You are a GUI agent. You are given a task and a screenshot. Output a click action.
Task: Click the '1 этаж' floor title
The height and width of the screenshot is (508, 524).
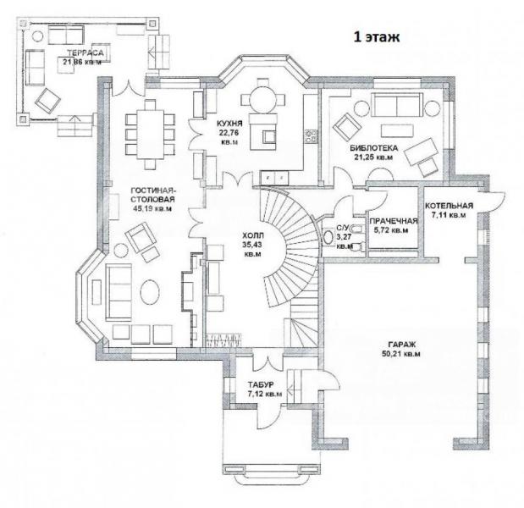[x=377, y=36]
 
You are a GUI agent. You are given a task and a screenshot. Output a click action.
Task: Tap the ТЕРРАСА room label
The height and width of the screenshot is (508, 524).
[x=85, y=52]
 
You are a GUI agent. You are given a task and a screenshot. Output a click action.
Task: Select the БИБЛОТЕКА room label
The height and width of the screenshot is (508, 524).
[x=373, y=148]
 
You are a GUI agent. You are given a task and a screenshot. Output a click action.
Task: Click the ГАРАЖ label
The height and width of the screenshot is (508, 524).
[x=401, y=345]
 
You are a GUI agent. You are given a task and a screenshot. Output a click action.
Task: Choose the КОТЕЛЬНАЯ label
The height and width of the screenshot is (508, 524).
[x=449, y=206]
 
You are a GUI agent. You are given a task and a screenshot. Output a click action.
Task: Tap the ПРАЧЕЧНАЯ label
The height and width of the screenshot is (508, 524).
[x=394, y=221]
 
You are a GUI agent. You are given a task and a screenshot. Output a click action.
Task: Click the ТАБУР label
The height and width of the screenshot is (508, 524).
[x=261, y=384]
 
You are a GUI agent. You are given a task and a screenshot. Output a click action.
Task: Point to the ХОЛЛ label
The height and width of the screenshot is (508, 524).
[x=253, y=235]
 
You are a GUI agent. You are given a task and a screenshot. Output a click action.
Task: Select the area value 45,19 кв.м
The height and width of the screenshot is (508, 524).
[x=152, y=209]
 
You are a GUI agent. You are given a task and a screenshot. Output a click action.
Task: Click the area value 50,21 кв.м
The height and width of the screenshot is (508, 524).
[x=401, y=354]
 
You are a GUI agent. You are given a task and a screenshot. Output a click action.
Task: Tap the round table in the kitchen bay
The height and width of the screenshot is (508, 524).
[x=263, y=98]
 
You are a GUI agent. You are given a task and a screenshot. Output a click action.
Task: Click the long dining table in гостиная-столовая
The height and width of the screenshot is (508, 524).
[x=150, y=135]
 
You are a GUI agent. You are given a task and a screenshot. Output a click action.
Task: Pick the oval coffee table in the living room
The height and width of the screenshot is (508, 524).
[x=150, y=292]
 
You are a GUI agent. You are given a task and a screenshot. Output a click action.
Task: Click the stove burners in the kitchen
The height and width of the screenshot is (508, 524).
[x=311, y=136]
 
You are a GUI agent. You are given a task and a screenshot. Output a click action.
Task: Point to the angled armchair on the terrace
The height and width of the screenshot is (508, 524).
[x=47, y=100]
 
